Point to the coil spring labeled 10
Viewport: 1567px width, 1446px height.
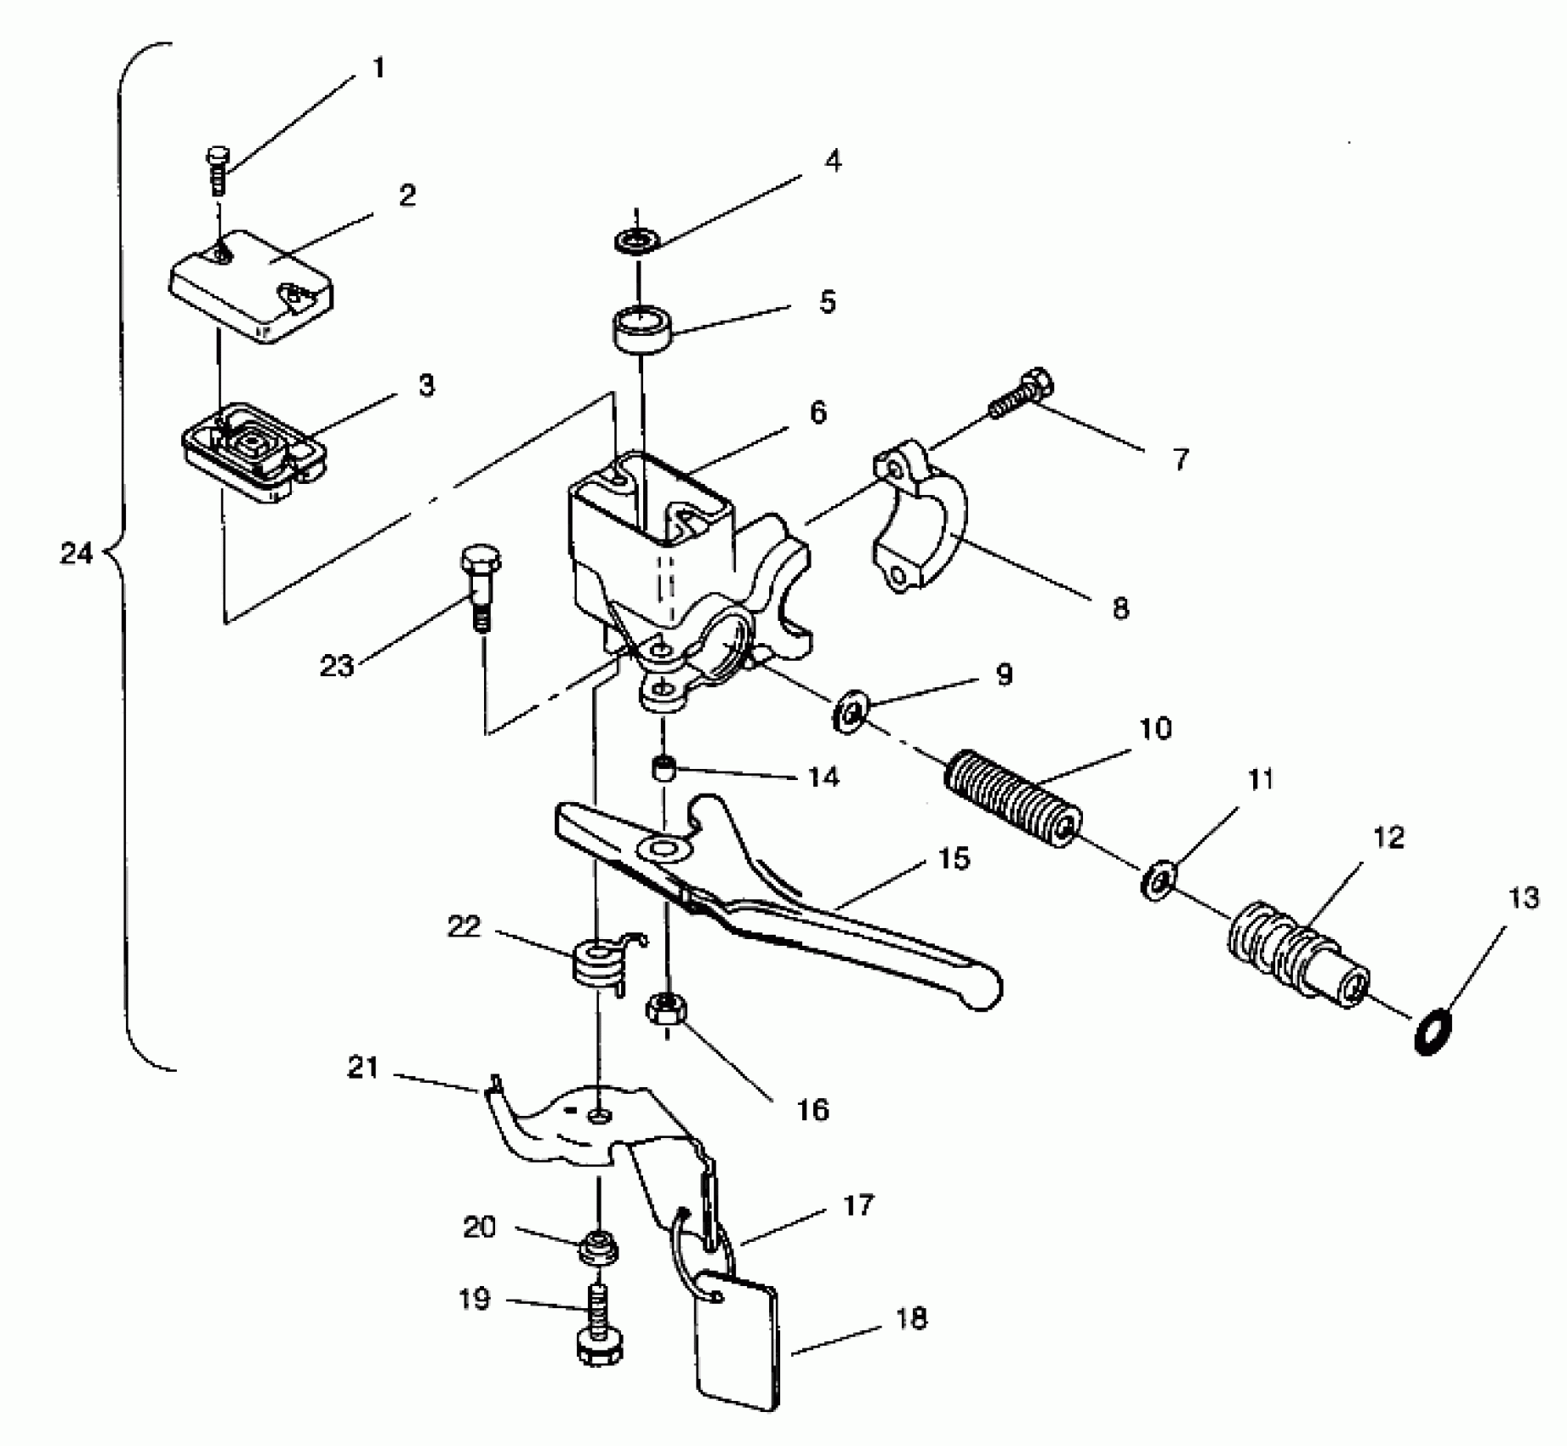[x=1014, y=797]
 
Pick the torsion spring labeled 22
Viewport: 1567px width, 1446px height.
[x=599, y=962]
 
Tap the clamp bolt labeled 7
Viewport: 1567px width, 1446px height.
[x=1021, y=395]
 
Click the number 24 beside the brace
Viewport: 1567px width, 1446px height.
[x=76, y=554]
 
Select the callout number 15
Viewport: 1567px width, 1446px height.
[x=954, y=859]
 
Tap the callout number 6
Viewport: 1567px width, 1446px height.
[x=817, y=413]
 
